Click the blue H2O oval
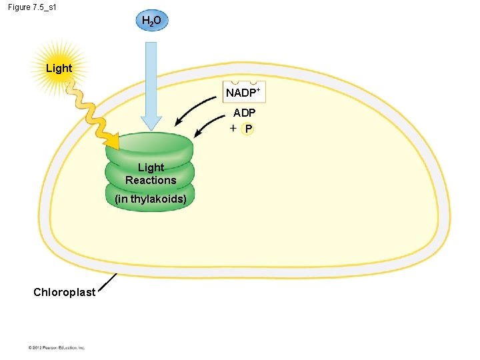pos(151,21)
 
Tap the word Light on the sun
pos(59,68)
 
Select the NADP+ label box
pos(245,93)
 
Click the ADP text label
pos(244,113)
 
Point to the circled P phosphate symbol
pos(248,129)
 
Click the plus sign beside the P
pos(233,128)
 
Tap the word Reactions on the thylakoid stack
pos(151,180)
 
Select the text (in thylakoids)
pos(151,199)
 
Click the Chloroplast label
pos(64,292)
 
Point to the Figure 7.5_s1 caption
pos(37,7)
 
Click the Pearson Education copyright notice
pos(57,347)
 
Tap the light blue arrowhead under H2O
pos(151,123)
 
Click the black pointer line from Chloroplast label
pos(107,283)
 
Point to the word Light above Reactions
pos(151,167)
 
